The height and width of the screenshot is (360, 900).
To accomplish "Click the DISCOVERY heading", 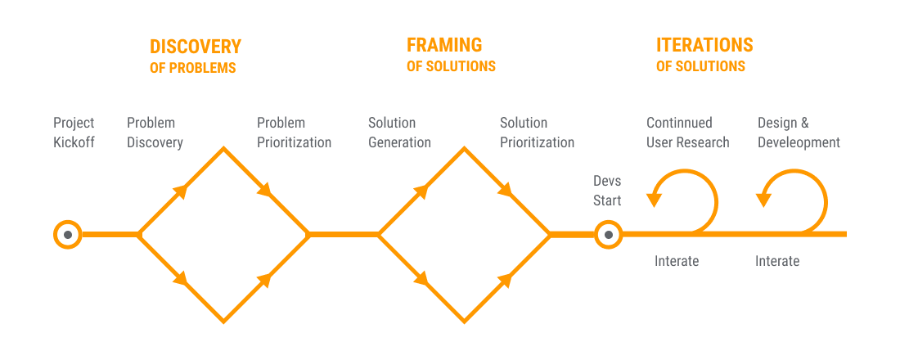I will tap(195, 47).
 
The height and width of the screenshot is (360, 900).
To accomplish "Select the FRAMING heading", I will tap(444, 45).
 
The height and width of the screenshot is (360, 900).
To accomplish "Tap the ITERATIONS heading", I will tap(704, 45).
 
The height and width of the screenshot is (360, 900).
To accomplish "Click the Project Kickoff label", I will tap(74, 133).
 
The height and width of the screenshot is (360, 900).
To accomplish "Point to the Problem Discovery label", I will tap(155, 133).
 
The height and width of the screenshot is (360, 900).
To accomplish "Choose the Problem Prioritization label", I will tap(294, 133).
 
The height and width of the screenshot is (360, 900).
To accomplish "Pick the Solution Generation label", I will tap(399, 133).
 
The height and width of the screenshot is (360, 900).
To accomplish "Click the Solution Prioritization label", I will tap(537, 133).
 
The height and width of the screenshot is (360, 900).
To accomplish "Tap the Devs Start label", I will tap(607, 190).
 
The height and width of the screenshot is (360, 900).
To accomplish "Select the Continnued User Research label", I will tap(687, 133).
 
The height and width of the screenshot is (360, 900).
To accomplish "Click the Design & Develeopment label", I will tap(799, 133).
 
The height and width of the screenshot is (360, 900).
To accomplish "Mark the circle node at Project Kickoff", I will tap(68, 235).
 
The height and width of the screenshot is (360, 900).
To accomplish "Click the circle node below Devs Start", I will tap(607, 235).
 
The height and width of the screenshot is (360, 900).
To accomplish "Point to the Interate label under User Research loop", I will tap(677, 261).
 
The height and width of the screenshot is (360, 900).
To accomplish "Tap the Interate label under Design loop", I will tap(777, 261).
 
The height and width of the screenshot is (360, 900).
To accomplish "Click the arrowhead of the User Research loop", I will tap(655, 196).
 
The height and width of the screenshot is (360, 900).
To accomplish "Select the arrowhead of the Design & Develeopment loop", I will tap(764, 196).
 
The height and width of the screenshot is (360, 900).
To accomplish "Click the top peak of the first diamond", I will tap(223, 149).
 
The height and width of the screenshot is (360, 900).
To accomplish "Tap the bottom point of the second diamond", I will tap(464, 321).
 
